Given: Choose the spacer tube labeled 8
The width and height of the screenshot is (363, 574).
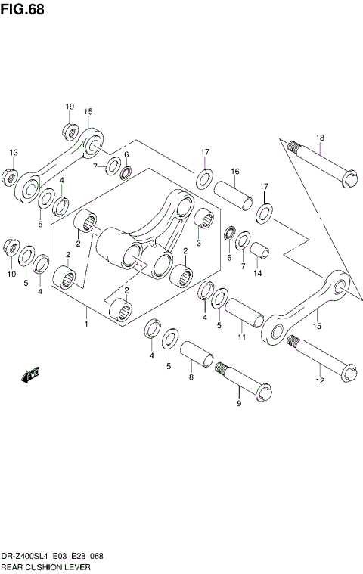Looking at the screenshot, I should click(x=197, y=355).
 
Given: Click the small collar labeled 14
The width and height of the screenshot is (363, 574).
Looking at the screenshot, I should click(x=259, y=253).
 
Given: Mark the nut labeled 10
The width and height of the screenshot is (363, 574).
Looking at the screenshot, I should click(x=12, y=247).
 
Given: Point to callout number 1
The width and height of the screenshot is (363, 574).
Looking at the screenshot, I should click(x=87, y=324).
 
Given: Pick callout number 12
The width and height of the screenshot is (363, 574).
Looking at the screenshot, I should click(x=320, y=381).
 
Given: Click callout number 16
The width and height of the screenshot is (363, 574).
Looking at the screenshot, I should click(x=235, y=172).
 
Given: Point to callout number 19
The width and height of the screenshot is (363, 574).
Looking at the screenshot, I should click(x=70, y=107).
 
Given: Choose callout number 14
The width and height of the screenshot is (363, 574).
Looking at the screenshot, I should click(x=258, y=273).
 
